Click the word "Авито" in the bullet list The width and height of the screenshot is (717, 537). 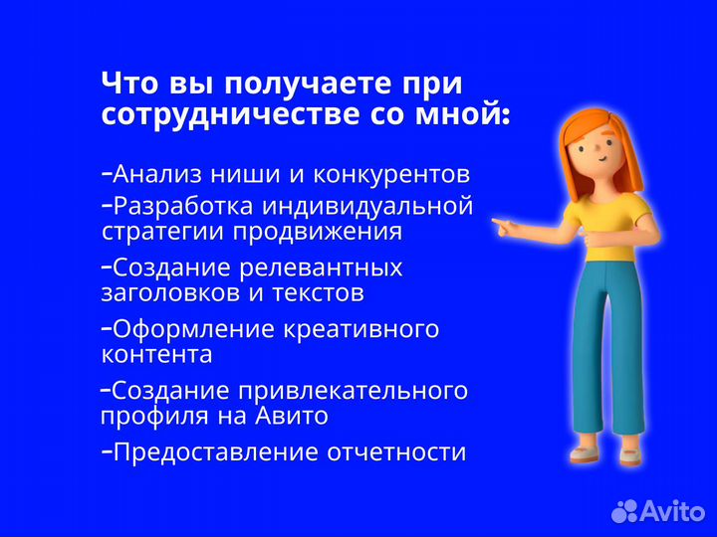[x=293, y=416]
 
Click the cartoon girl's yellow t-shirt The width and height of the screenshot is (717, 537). [x=611, y=224]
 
